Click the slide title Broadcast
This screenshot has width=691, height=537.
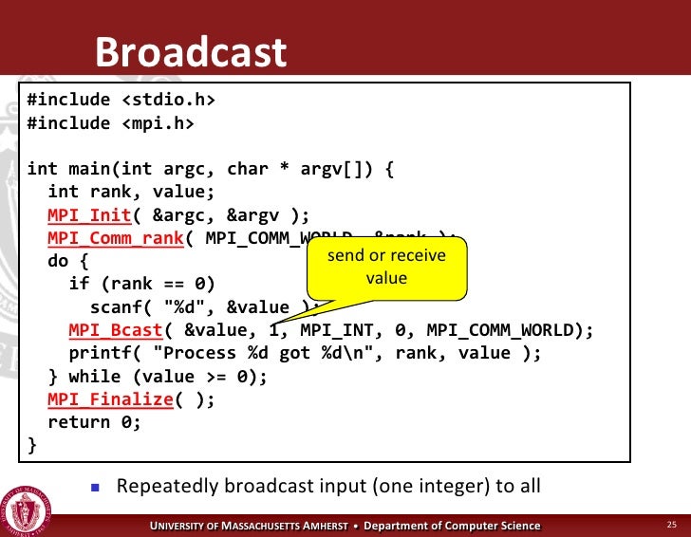pyautogui.click(x=190, y=53)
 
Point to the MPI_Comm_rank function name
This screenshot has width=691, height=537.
pyautogui.click(x=115, y=237)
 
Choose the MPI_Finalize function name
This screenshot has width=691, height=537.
pyautogui.click(x=110, y=399)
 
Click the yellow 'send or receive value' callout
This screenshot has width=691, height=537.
pyautogui.click(x=386, y=267)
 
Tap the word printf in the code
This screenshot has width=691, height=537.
pyautogui.click(x=100, y=353)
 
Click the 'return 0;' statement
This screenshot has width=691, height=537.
pyautogui.click(x=94, y=423)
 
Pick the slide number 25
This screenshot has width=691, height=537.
pyautogui.click(x=671, y=525)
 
